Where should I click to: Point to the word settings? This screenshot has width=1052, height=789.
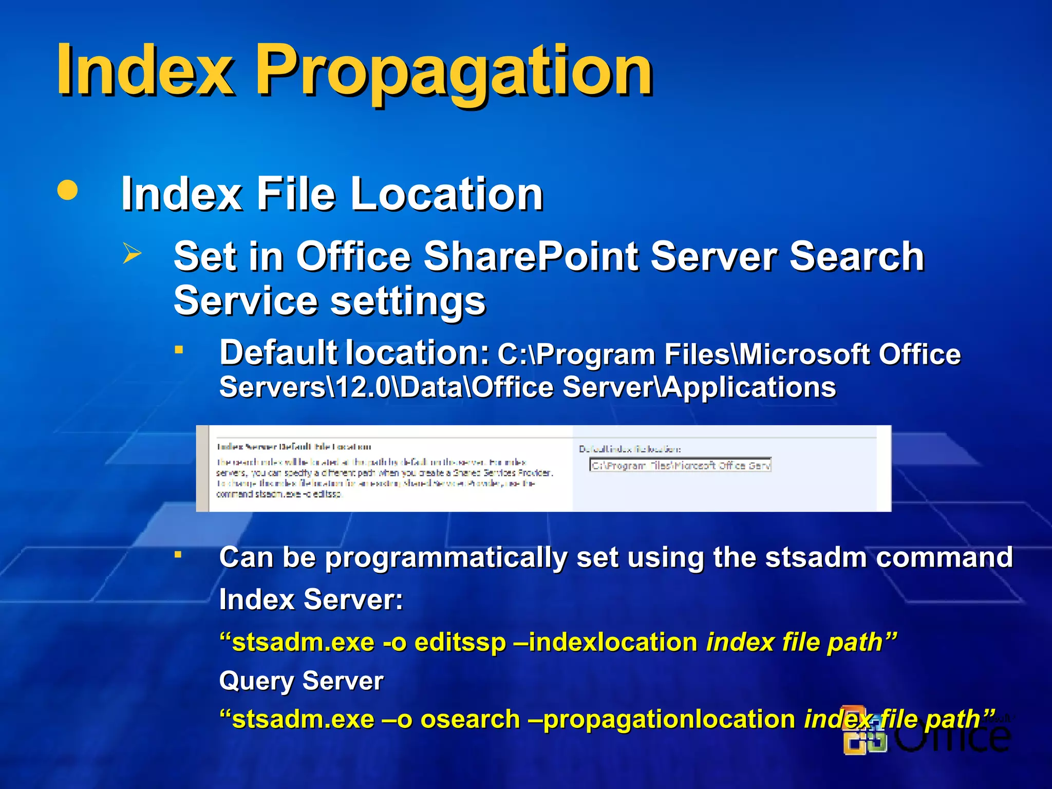pyautogui.click(x=408, y=301)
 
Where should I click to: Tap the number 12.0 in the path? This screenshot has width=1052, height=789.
pyautogui.click(x=363, y=387)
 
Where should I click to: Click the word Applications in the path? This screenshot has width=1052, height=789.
pyautogui.click(x=749, y=387)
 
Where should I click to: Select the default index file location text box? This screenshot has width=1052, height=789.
pyautogui.click(x=680, y=465)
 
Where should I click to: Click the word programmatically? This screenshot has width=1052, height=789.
pyautogui.click(x=446, y=558)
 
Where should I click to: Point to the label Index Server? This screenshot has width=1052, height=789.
pyautogui.click(x=311, y=599)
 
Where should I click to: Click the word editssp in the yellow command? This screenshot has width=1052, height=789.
pyautogui.click(x=460, y=643)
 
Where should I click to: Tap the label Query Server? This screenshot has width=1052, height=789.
pyautogui.click(x=301, y=681)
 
